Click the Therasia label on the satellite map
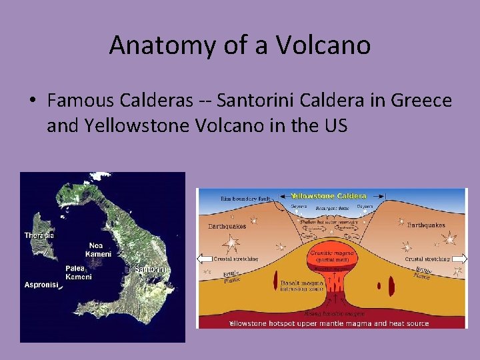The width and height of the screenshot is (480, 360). coord(39,235)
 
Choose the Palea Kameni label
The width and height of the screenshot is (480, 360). coord(77,273)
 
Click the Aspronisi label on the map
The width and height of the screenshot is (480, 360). coord(41,285)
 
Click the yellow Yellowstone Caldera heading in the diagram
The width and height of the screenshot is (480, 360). coord(328,196)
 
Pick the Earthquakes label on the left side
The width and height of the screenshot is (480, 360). coord(227,226)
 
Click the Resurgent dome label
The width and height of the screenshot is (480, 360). coord(333,208)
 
